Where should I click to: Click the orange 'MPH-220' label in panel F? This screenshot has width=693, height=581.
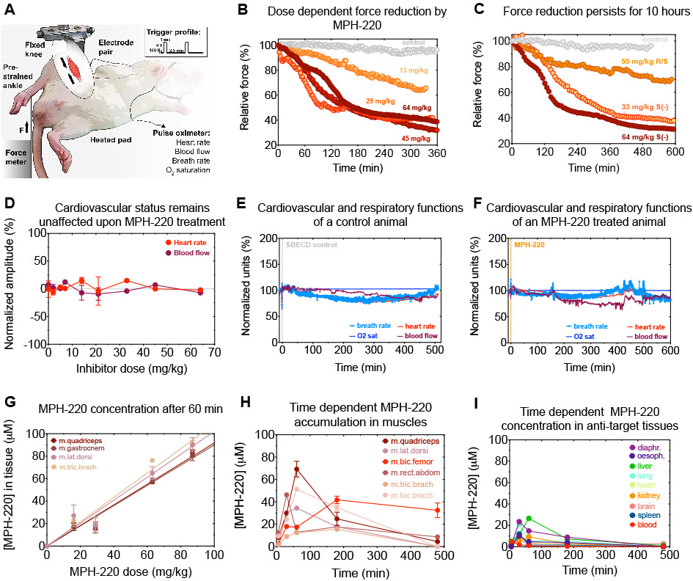(529, 244)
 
